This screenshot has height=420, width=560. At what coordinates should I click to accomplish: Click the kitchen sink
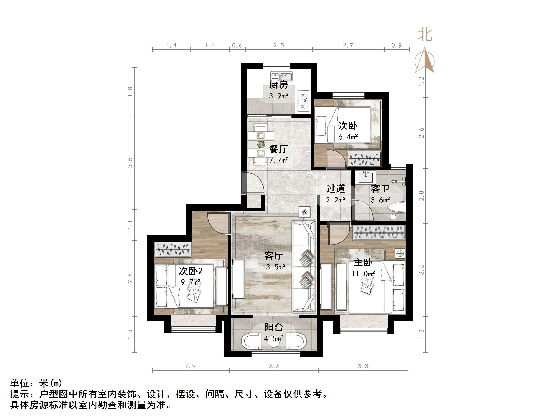point(281,77)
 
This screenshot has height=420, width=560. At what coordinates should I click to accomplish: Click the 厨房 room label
point(279,85)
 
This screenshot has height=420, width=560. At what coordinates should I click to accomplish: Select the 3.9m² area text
point(279,96)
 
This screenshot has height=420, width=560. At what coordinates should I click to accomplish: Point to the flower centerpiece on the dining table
point(261,144)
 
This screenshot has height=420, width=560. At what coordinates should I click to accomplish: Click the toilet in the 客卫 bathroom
point(396,209)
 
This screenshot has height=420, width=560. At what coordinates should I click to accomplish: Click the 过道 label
point(335,189)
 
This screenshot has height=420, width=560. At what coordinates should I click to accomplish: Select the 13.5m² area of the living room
point(274,267)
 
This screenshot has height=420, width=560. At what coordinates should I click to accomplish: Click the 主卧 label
point(363,262)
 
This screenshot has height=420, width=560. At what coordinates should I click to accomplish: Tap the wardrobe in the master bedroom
point(379,233)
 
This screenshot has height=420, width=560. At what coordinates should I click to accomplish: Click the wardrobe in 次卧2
point(172,249)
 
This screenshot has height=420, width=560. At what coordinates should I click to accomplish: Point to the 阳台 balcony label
point(274,327)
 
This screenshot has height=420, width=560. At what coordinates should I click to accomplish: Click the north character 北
point(425,35)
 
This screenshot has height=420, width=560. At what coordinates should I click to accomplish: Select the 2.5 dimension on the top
point(279,45)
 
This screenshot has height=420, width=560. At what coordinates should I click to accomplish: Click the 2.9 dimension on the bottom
point(191,366)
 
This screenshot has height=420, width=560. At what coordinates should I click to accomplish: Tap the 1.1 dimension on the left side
point(130,225)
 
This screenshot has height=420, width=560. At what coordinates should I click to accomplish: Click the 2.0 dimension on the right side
point(421,196)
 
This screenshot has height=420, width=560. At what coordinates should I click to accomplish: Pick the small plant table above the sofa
point(305,212)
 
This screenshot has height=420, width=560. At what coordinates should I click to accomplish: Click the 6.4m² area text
point(348,137)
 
